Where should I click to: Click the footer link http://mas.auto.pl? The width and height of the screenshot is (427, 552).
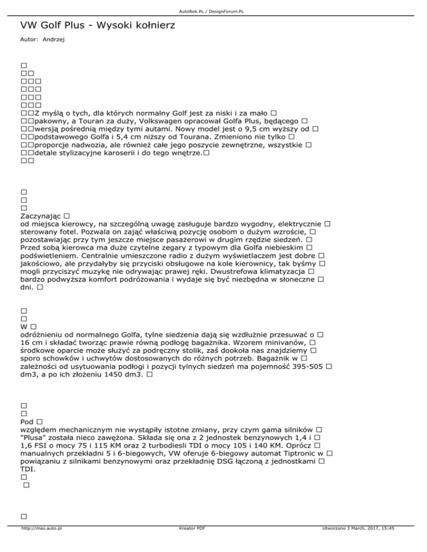click(41, 544)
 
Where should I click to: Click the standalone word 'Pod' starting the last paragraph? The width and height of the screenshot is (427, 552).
click(26, 421)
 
